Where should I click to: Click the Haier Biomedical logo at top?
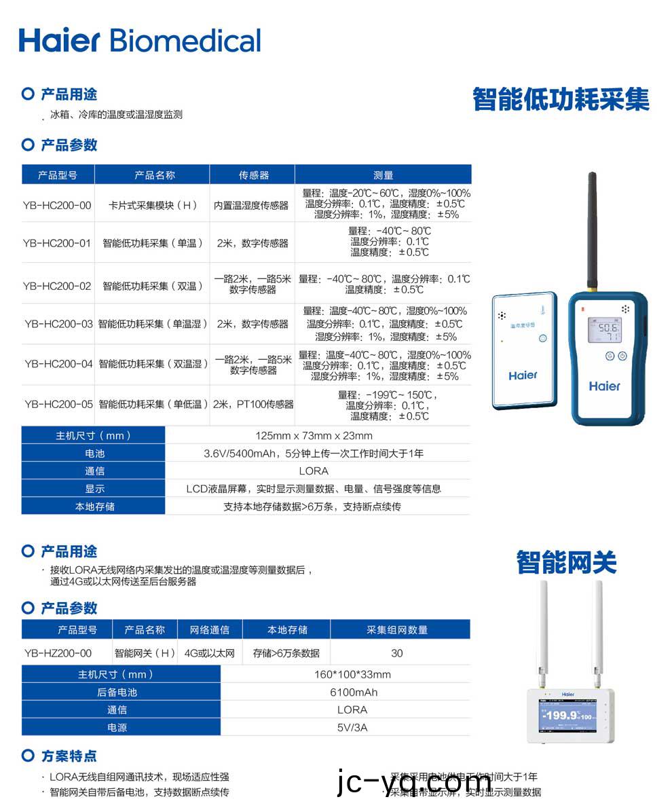pos(140,40)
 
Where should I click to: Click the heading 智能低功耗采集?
pos(561,99)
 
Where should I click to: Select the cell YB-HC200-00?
pos(57,205)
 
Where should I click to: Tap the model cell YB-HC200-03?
pos(58,325)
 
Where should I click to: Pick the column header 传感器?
pos(253,175)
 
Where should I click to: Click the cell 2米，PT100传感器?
pos(253,405)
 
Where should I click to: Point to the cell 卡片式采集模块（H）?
pos(152,205)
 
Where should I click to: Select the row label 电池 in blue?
pos(94,454)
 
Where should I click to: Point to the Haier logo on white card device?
pos(523,375)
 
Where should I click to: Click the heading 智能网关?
pos(566,563)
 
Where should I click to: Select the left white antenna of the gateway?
pos(543,628)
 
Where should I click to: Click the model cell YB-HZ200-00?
pos(58,653)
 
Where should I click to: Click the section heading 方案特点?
pos(69,756)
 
